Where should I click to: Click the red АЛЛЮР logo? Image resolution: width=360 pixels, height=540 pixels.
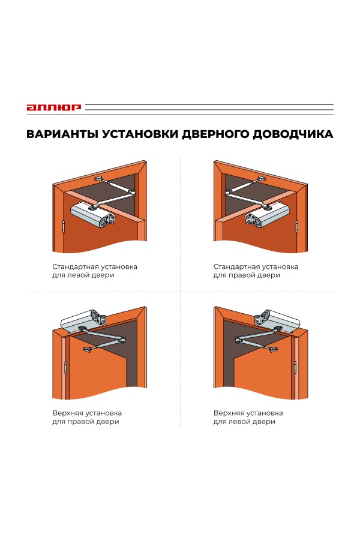[53, 108]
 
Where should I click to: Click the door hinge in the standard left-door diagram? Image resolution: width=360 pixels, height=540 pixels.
[64, 227]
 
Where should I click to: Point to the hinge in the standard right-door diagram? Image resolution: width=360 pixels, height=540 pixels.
[297, 227]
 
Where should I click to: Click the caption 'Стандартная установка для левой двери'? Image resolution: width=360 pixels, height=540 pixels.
[95, 271]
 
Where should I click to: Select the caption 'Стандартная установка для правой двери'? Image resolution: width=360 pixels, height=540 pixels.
[256, 271]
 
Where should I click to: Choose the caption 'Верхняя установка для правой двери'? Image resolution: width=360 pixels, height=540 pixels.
[87, 417]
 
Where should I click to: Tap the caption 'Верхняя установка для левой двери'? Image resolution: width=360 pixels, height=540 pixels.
[248, 417]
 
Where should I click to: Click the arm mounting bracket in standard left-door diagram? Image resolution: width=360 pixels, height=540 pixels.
[100, 178]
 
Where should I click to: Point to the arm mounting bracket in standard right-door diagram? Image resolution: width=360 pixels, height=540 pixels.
[262, 178]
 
